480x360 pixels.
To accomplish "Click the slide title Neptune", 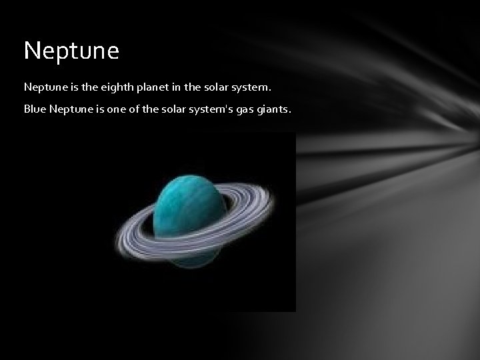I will pyautogui.click(x=71, y=51).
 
